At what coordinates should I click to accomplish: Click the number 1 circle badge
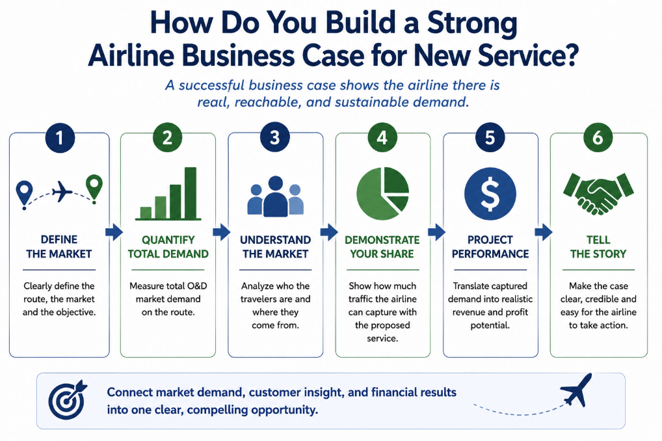point(60,138)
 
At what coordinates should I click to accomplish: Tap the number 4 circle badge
point(382,138)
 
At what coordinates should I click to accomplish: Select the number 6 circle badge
point(598,138)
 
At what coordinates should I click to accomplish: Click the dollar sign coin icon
point(490,194)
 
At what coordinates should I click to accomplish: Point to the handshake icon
point(598,194)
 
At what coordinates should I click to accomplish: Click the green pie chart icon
point(382,193)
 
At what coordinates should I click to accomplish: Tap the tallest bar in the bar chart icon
point(191,193)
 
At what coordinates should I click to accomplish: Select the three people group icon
point(275,196)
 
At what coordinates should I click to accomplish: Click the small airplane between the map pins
point(62,191)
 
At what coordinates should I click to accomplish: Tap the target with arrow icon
point(68,399)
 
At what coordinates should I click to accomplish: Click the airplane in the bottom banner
point(576,390)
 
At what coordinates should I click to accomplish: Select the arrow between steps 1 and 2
point(114,232)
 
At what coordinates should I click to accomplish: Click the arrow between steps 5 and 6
point(544,232)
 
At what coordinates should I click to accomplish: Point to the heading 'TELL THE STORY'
point(598,247)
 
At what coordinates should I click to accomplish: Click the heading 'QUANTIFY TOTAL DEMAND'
point(168,247)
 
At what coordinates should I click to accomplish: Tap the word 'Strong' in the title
point(472,23)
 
